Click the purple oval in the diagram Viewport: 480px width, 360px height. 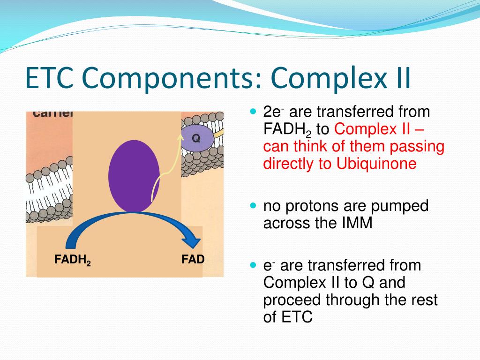click(x=134, y=176)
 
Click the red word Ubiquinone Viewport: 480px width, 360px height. click(x=376, y=164)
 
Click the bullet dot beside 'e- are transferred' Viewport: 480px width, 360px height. click(x=254, y=265)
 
